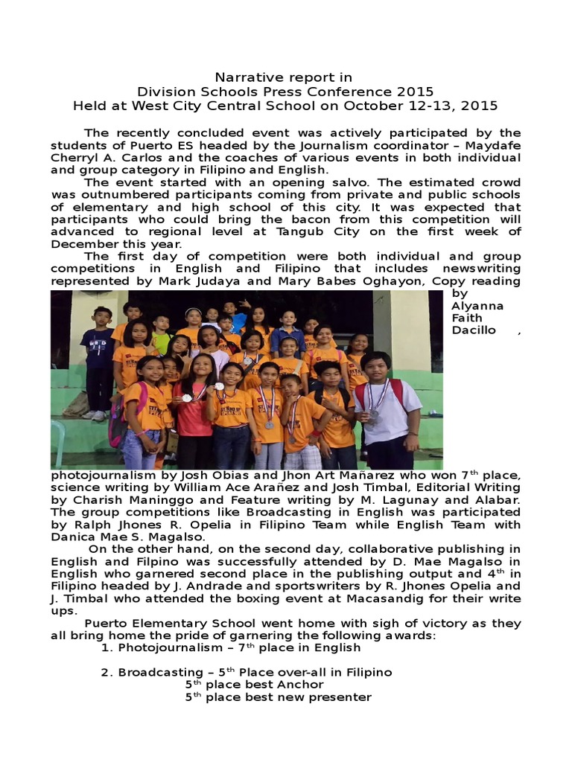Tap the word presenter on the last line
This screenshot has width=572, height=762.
pyautogui.click(x=334, y=697)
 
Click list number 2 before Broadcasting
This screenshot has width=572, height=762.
pyautogui.click(x=105, y=672)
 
